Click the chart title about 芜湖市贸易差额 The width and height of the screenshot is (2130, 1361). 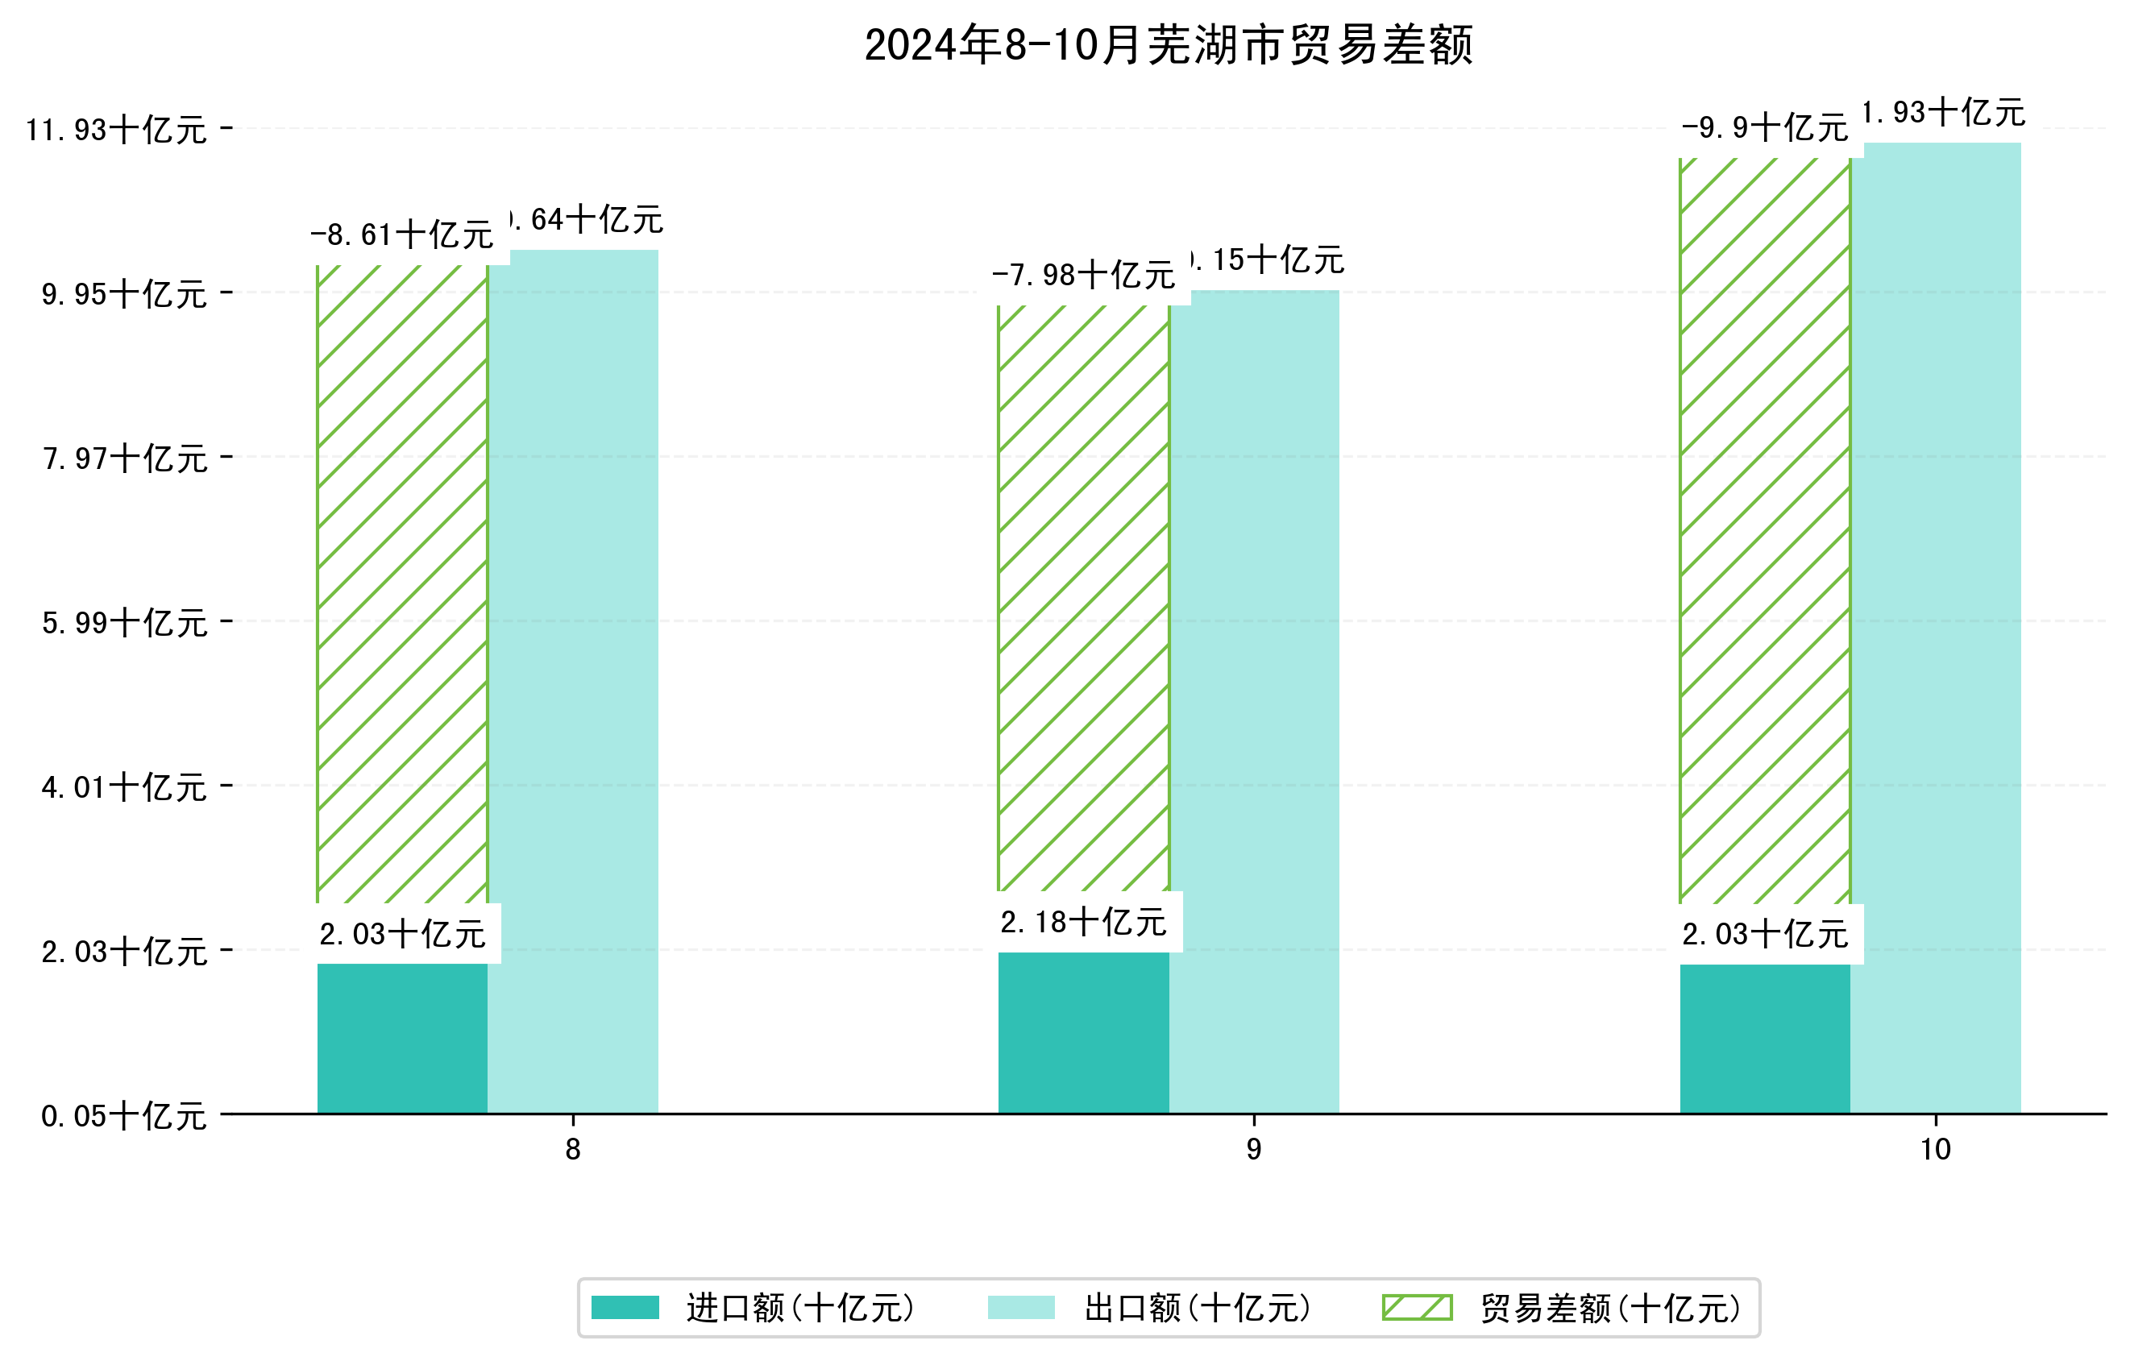click(x=1168, y=46)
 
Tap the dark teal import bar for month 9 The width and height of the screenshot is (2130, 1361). click(x=1084, y=1032)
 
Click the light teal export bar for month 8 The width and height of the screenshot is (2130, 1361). click(x=573, y=681)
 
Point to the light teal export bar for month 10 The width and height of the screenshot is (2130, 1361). click(x=1936, y=628)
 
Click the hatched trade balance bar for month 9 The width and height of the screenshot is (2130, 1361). click(x=1084, y=598)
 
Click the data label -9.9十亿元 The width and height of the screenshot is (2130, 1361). click(x=1765, y=129)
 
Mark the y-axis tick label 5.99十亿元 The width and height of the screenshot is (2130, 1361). click(x=125, y=624)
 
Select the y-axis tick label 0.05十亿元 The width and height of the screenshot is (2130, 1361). click(x=125, y=1116)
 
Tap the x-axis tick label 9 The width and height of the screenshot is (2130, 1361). click(x=1253, y=1150)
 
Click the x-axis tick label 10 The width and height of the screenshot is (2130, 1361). click(x=1936, y=1150)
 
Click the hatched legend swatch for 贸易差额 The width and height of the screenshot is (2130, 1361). click(x=1417, y=1307)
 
